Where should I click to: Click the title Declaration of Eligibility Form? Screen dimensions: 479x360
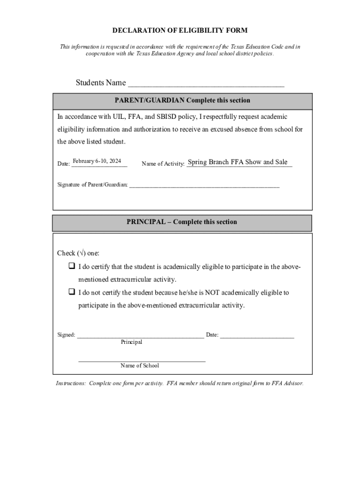tap(180, 30)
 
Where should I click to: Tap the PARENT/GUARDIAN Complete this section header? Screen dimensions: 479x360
tap(182, 101)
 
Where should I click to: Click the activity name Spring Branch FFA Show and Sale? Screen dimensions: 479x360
tap(238, 162)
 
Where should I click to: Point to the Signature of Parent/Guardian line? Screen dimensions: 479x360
tap(204, 186)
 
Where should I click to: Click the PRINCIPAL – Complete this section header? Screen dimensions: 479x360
tap(181, 222)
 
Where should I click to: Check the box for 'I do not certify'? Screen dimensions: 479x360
tap(72, 292)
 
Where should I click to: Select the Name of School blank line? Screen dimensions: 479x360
tap(142, 361)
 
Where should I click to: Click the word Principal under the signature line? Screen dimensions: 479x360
tap(131, 342)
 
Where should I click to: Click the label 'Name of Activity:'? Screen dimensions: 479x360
tap(163, 164)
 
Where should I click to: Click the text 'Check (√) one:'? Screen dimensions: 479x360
tap(78, 253)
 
